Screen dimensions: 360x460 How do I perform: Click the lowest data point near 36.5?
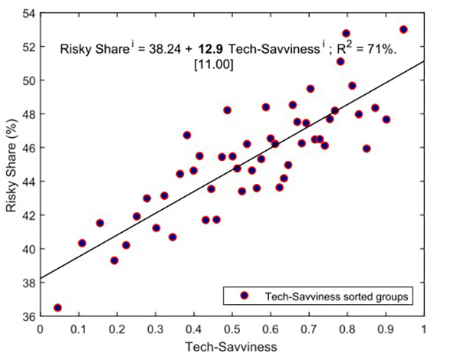tap(58, 307)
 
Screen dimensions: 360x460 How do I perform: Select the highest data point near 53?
tap(404, 29)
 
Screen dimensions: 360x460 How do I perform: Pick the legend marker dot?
tap(245, 295)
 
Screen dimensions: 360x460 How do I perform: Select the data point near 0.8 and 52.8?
tap(346, 34)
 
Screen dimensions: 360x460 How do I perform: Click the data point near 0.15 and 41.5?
tap(100, 223)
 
